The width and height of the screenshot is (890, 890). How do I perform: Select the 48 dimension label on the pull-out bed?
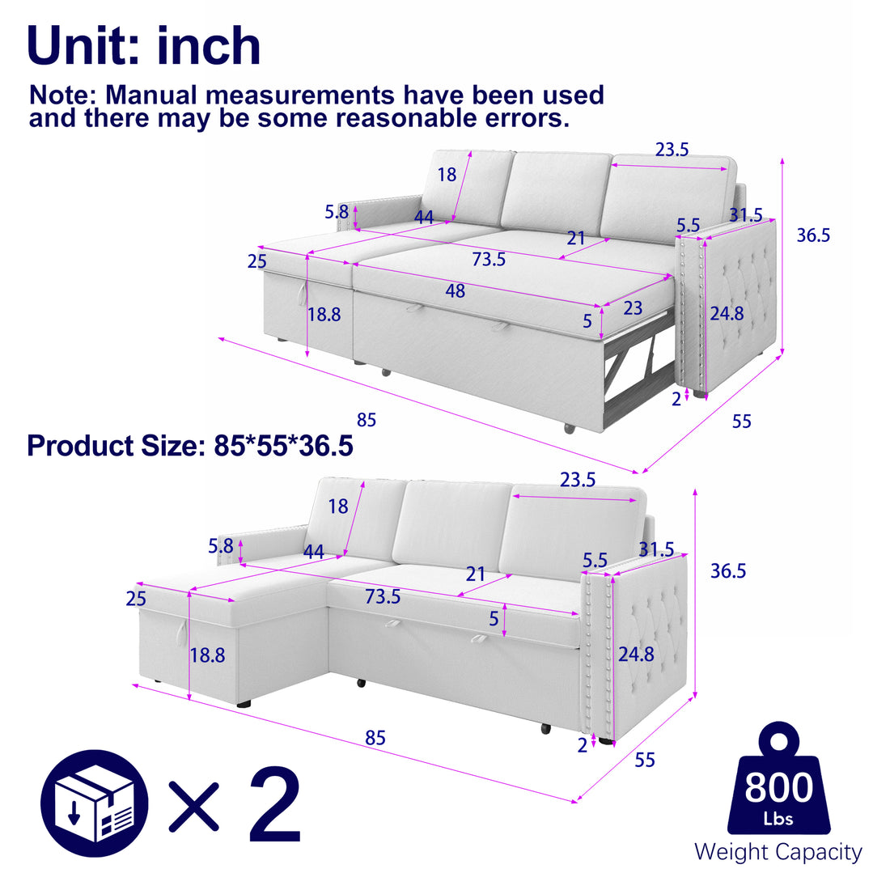click(456, 290)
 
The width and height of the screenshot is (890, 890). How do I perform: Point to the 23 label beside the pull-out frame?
click(633, 308)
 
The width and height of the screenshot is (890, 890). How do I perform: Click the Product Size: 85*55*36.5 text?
click(190, 446)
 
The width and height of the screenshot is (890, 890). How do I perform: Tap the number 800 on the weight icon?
click(778, 787)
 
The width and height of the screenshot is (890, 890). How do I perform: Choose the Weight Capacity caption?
click(778, 852)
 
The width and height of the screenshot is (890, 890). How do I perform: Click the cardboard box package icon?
click(95, 803)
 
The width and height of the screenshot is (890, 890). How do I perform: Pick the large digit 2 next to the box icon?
click(274, 805)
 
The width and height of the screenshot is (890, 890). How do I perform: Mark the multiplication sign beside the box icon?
click(195, 805)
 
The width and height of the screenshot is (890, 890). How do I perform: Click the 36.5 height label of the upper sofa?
click(813, 235)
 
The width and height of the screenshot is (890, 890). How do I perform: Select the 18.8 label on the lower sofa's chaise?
click(207, 655)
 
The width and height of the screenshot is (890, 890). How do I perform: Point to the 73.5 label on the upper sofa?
click(489, 260)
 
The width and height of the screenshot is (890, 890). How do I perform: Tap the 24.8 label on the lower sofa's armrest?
click(636, 654)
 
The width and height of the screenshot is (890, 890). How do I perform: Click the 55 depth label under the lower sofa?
click(645, 760)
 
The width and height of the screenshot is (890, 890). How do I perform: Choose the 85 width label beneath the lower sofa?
click(375, 738)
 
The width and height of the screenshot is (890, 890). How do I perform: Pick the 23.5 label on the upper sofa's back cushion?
click(672, 150)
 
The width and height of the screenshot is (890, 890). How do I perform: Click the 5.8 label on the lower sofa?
click(221, 546)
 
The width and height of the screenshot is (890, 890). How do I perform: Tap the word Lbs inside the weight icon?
click(778, 819)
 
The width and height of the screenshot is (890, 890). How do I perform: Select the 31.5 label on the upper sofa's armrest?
click(745, 215)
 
